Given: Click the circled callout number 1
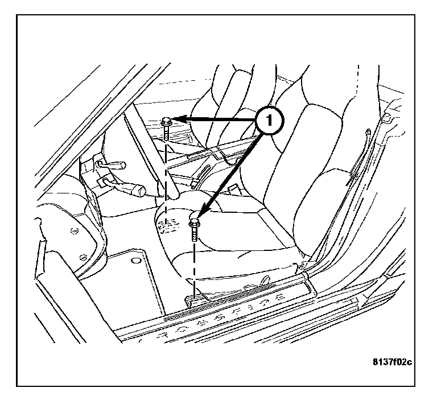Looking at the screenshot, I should tap(269, 121).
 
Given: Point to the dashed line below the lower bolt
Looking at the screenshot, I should tap(195, 267).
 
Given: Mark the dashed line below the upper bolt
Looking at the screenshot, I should tap(166, 171).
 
